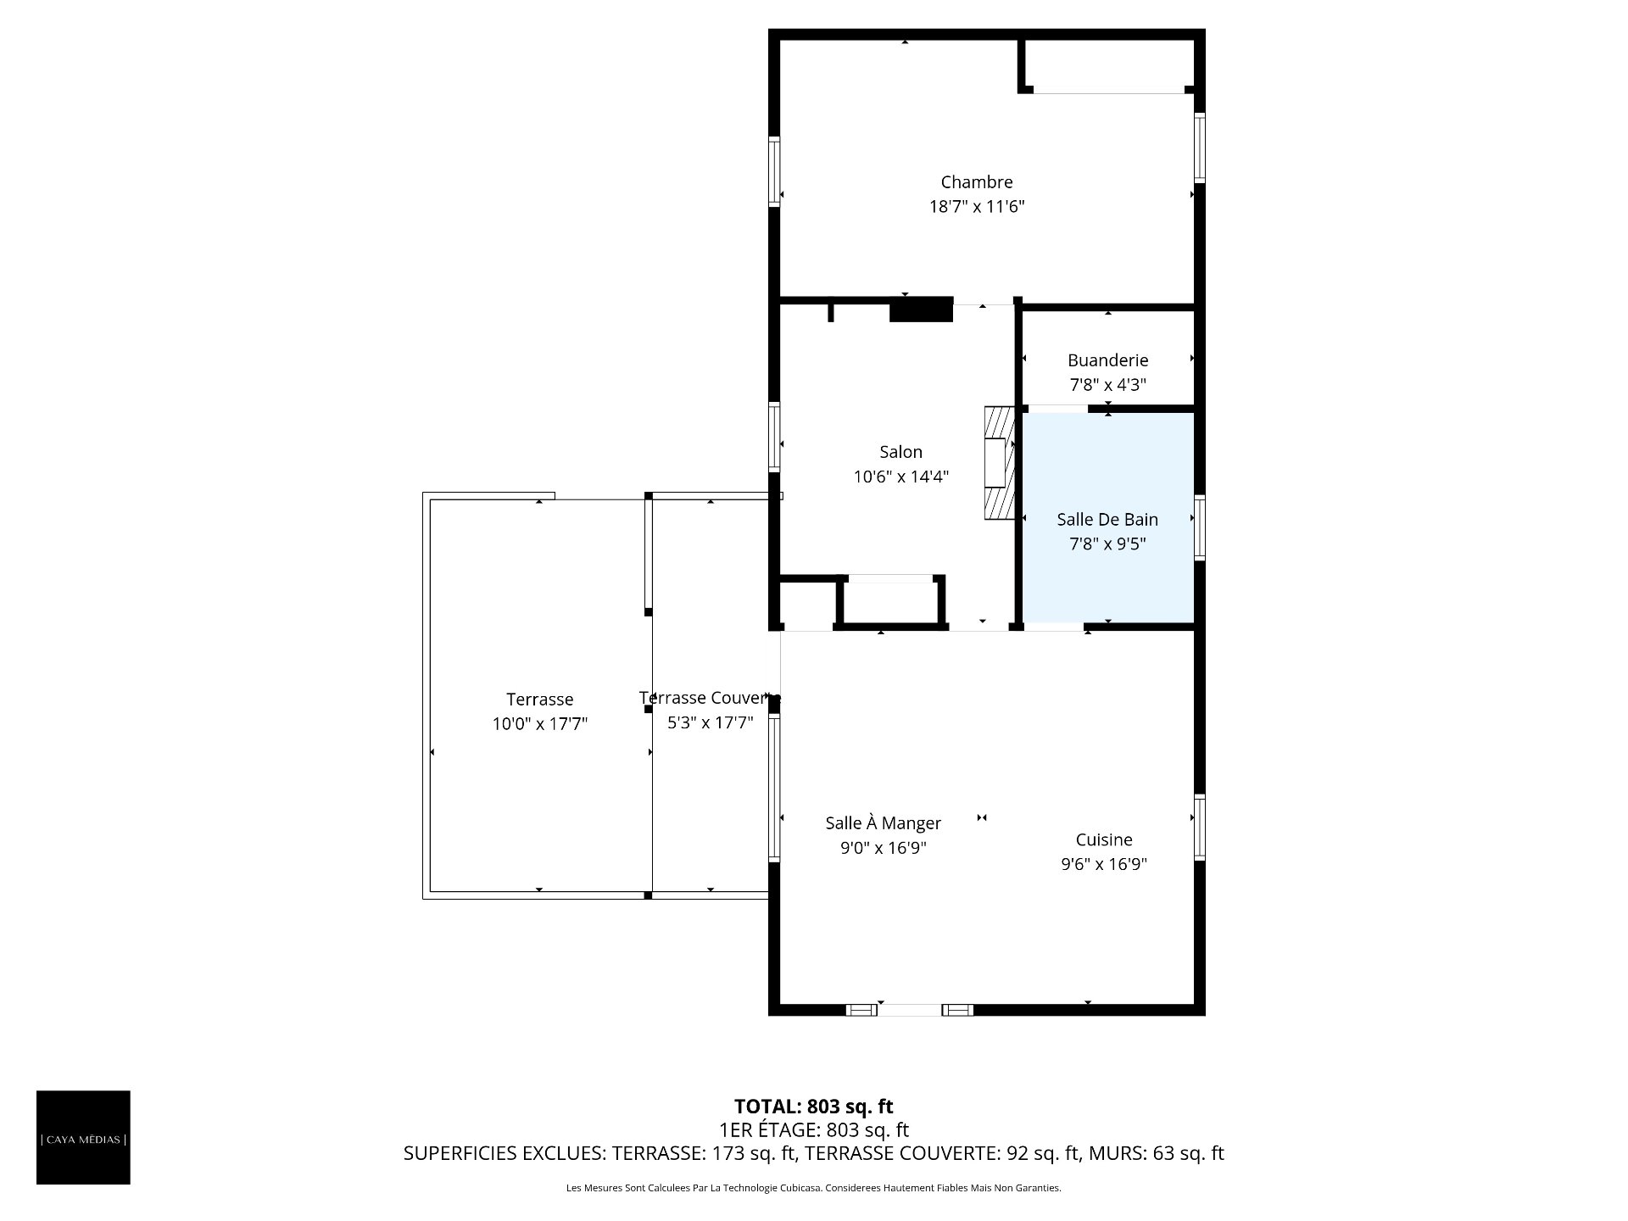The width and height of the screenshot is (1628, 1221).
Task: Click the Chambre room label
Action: [x=977, y=182]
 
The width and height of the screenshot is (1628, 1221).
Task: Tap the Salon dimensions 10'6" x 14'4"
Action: [x=900, y=477]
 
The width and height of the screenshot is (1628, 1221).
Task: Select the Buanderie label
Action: [x=1107, y=360]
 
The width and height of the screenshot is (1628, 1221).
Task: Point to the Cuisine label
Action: [x=1104, y=839]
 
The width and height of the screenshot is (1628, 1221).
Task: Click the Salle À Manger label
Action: [x=884, y=822]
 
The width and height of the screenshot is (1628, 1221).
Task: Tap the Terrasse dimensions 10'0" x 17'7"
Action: [x=540, y=724]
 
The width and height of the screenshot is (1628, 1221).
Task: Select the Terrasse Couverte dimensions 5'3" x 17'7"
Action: [x=711, y=722]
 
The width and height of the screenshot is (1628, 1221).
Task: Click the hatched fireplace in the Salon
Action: [x=1000, y=463]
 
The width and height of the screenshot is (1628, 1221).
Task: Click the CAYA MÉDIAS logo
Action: [x=83, y=1137]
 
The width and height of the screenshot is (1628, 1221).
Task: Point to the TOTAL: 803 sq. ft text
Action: [x=814, y=1107]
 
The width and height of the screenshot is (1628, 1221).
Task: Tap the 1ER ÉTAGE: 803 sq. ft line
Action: [x=814, y=1130]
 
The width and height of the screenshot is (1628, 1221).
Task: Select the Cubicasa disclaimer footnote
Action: [x=814, y=1188]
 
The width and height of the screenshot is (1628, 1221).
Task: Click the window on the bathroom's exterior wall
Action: [x=1200, y=527]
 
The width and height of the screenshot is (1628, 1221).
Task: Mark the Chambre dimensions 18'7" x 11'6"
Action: [x=977, y=207]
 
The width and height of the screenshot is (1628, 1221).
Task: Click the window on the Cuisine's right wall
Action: [x=1200, y=827]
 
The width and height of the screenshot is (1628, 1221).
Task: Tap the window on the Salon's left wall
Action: [x=774, y=436]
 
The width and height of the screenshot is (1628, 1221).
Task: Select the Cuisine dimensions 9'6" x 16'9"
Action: [x=1104, y=864]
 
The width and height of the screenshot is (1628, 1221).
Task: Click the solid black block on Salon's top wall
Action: [x=921, y=309]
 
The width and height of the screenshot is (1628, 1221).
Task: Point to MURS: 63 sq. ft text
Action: [x=1157, y=1153]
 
